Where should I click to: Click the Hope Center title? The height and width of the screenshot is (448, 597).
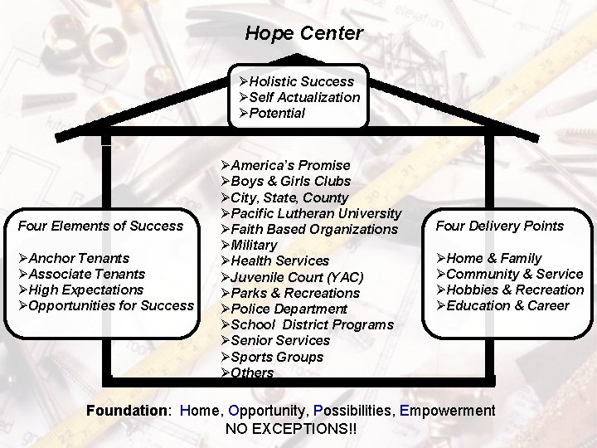[303, 34]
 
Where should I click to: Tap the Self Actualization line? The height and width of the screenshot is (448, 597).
[298, 97]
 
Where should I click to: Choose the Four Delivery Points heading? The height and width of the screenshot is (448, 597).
[500, 226]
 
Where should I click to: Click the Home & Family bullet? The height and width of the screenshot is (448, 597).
[488, 258]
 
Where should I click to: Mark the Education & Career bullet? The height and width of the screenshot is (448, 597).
[507, 305]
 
